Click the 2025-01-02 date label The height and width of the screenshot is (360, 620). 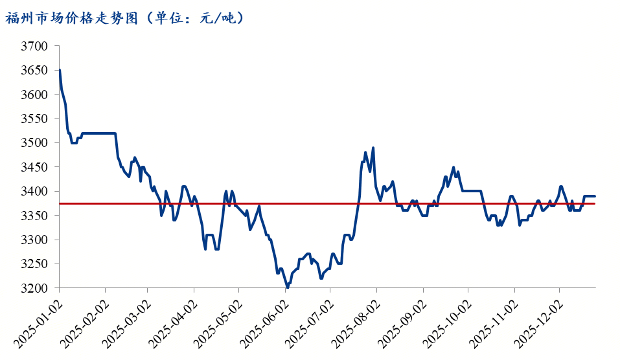click(x=36, y=321)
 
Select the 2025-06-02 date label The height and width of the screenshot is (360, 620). click(x=262, y=321)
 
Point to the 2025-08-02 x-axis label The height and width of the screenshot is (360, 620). click(x=354, y=321)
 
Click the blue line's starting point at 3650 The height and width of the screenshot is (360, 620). click(x=60, y=70)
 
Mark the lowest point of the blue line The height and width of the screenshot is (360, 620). click(x=287, y=287)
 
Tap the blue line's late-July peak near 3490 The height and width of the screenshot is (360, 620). click(x=373, y=148)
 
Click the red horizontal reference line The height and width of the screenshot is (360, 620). click(x=324, y=203)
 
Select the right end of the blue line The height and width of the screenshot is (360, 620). click(x=595, y=196)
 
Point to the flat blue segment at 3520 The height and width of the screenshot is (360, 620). click(x=97, y=133)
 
